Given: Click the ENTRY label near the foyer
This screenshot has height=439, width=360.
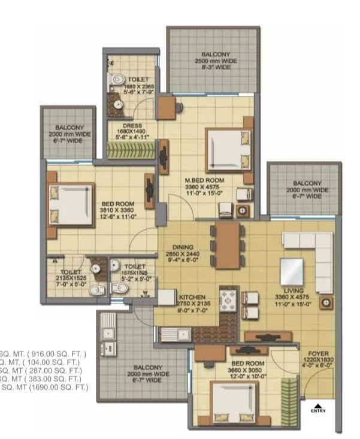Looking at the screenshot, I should click(318, 411).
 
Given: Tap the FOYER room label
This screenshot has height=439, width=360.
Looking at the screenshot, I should click(317, 353).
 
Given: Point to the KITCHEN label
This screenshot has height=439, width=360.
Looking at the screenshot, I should click(192, 297).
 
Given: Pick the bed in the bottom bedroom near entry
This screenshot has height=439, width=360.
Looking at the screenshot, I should click(234, 402).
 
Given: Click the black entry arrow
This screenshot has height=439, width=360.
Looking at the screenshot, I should click(318, 405).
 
